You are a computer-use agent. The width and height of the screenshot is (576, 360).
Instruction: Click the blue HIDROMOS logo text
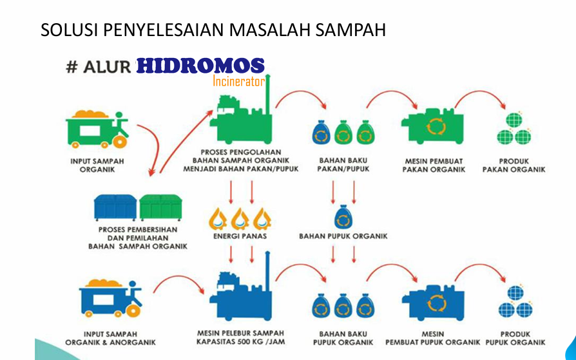(x=200, y=66)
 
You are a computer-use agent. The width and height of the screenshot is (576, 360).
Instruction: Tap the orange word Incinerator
(x=239, y=81)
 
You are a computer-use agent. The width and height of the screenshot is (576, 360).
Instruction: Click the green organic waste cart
(x=97, y=129)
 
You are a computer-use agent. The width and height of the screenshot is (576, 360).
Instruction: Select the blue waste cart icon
(x=111, y=298)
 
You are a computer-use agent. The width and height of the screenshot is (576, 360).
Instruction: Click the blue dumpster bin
(x=115, y=207)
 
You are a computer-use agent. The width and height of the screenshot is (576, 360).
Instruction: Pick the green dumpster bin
(x=161, y=207)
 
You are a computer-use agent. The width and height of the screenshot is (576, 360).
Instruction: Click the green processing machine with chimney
(x=242, y=114)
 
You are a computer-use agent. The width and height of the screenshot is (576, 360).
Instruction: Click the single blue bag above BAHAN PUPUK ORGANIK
(x=343, y=217)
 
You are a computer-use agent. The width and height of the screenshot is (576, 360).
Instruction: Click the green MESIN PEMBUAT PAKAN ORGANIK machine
(x=432, y=126)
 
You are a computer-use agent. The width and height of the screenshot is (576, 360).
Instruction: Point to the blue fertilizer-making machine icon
(x=433, y=302)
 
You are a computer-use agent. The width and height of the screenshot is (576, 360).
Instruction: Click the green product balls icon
(x=514, y=129)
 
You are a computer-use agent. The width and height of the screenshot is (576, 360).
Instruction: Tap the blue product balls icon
(x=515, y=301)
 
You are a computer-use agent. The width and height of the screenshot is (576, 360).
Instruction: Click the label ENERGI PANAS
(x=240, y=236)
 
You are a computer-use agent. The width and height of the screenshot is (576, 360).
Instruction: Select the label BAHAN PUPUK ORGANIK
(x=343, y=236)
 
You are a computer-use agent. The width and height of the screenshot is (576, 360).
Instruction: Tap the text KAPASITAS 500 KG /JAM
(x=240, y=341)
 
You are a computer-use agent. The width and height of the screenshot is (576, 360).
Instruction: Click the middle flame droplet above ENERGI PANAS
(x=240, y=219)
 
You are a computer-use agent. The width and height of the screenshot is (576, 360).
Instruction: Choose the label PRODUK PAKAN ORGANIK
(x=514, y=166)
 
